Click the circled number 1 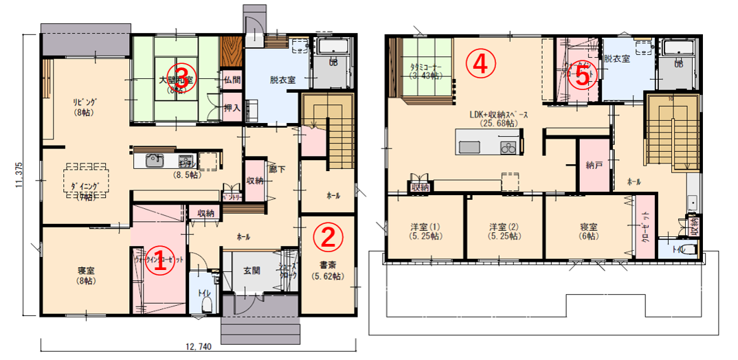click(159, 260)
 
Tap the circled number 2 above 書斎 click(328, 237)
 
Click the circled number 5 click(582, 76)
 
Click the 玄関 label click(251, 270)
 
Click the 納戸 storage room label click(594, 166)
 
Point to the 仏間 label click(231, 80)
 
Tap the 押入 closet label click(231, 109)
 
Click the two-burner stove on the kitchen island click(508, 148)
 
